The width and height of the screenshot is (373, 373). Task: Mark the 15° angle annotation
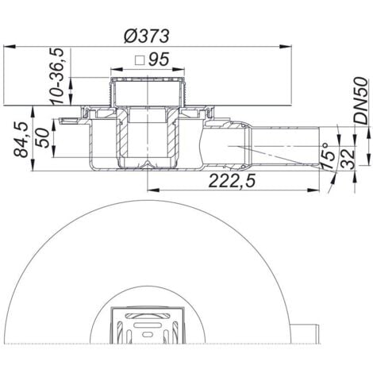pyautogui.click(x=328, y=157)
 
